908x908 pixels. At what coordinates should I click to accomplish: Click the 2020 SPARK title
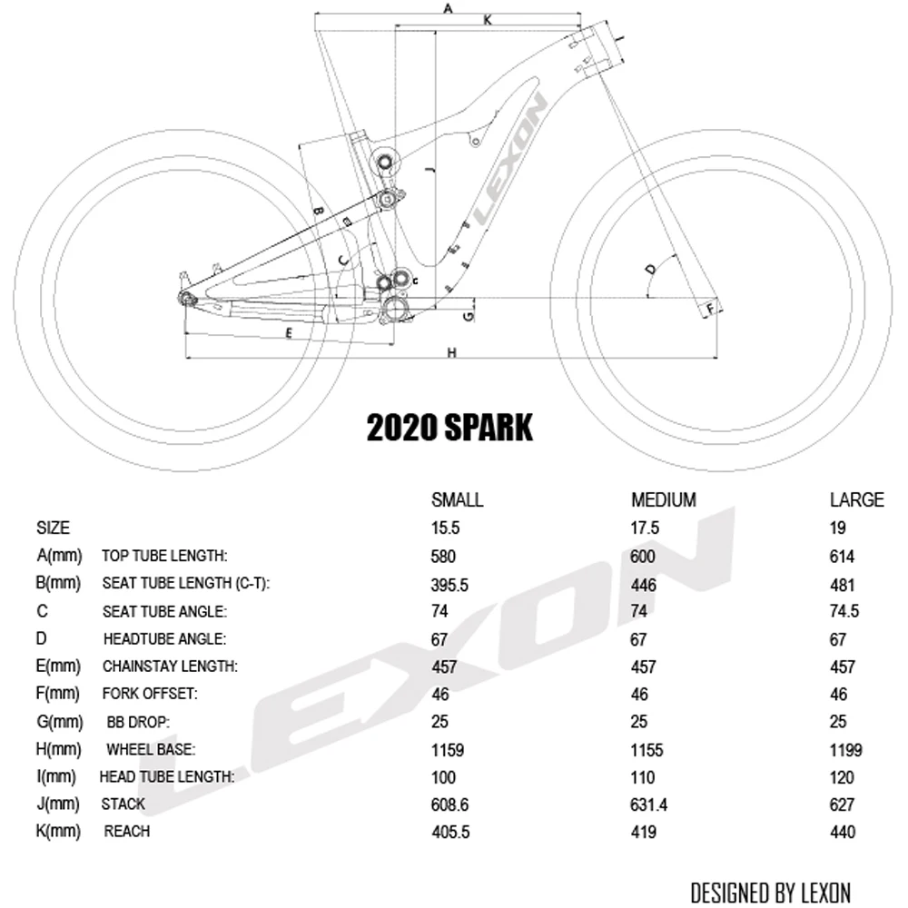[449, 427]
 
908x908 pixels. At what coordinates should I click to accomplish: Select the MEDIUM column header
[663, 499]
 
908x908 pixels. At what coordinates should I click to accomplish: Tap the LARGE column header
[856, 499]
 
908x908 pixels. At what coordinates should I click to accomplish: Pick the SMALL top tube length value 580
[443, 557]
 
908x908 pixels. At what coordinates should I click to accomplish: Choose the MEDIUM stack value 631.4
[649, 804]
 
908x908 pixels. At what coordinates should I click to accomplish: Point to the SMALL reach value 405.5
[450, 832]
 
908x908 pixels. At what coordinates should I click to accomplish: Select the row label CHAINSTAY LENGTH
[170, 666]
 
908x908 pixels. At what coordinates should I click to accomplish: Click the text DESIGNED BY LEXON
[770, 892]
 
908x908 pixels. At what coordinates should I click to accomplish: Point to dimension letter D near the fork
[650, 269]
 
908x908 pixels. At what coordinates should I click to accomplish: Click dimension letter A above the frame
[447, 8]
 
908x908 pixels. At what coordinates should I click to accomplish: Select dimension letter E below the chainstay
[289, 333]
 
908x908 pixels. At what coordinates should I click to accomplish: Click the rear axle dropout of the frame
[185, 297]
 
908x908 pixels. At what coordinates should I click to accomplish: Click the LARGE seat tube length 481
[842, 585]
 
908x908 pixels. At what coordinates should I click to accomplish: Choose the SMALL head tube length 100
[443, 777]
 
